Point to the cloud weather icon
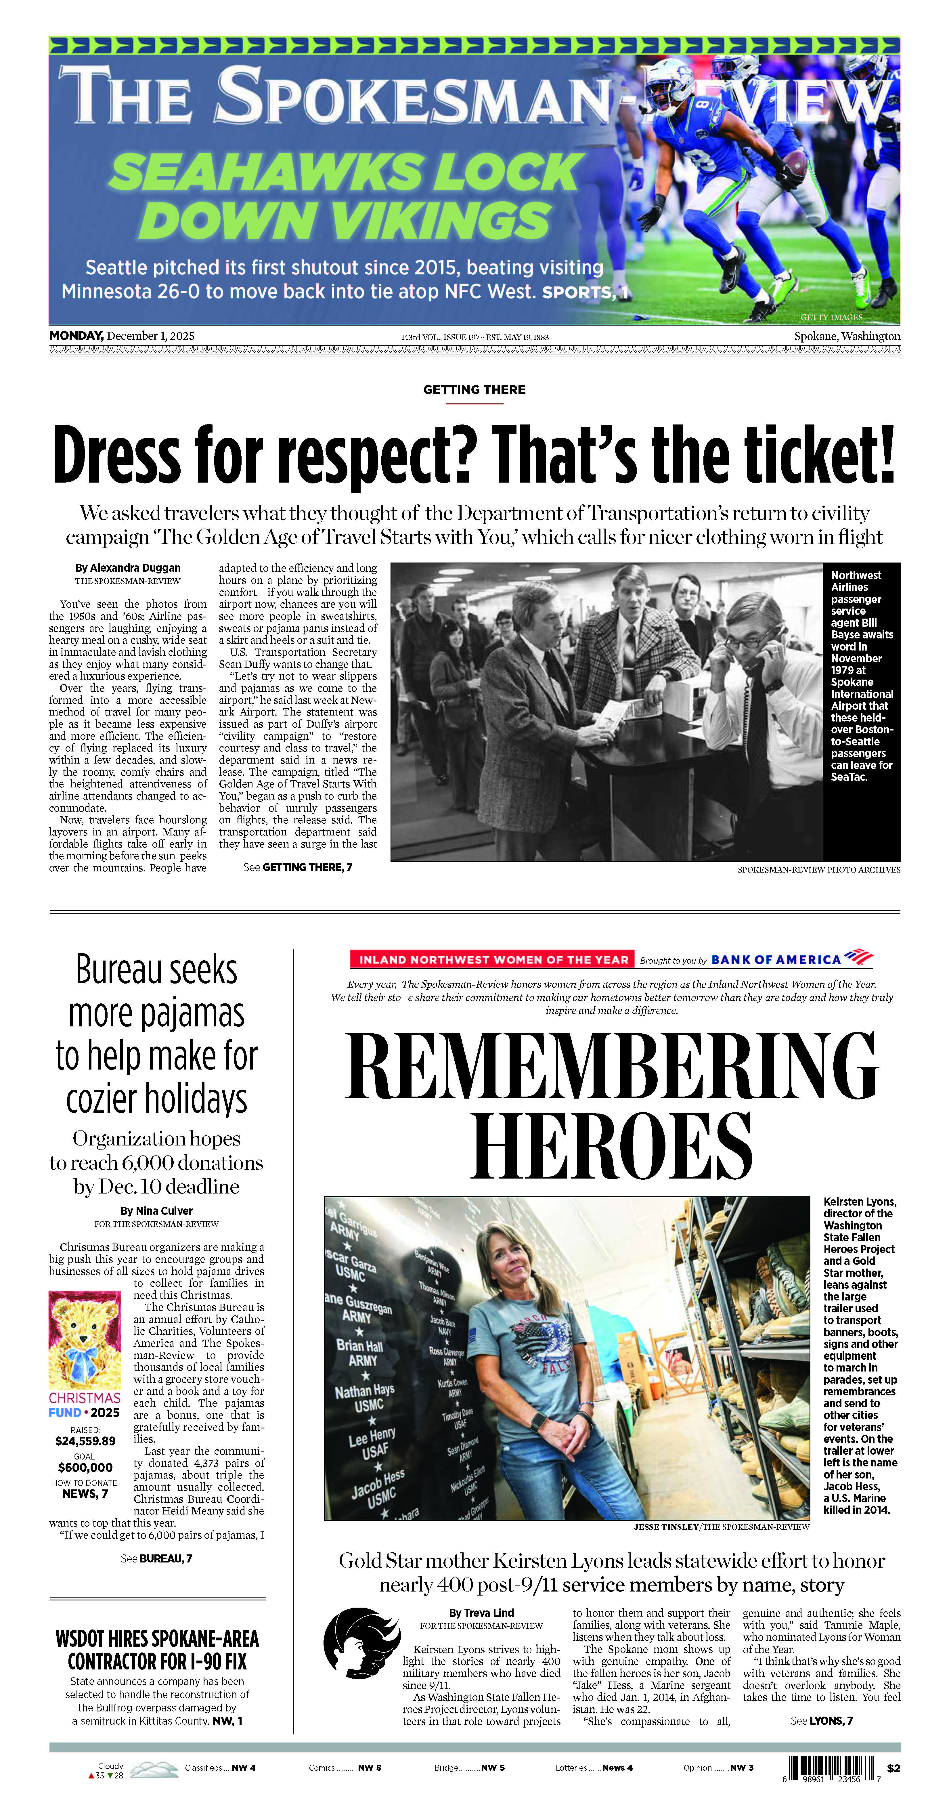click(x=154, y=1769)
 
